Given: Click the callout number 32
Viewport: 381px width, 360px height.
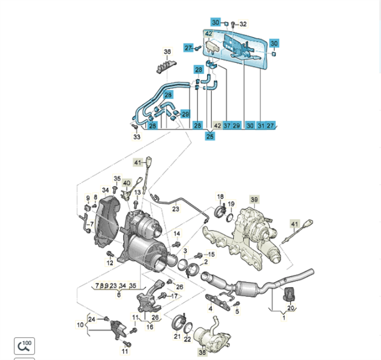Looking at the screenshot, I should coord(243,24).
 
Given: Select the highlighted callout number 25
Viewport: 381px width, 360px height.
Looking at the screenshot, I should coord(210,137).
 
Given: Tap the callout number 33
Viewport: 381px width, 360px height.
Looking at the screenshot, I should coord(137,137).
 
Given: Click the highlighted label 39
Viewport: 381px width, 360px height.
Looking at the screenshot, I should coord(254,199).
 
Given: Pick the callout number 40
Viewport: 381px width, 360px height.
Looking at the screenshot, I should coord(127,182).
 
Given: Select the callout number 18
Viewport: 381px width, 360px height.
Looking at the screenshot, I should coord(220,197).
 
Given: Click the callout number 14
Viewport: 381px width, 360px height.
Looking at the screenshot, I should coord(177,233).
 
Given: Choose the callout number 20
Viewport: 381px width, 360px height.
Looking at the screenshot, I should coord(290,308).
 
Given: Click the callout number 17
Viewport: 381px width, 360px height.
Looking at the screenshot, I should coord(175,295).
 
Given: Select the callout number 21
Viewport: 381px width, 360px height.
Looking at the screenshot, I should coord(177,337).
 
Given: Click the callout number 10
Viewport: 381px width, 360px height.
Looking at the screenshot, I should coord(80,325).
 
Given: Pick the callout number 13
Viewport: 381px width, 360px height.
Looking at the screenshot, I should coord(137,191).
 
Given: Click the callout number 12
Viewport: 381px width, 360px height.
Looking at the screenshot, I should coord(110,263).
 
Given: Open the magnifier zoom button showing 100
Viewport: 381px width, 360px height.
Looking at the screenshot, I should coord(25,346).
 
